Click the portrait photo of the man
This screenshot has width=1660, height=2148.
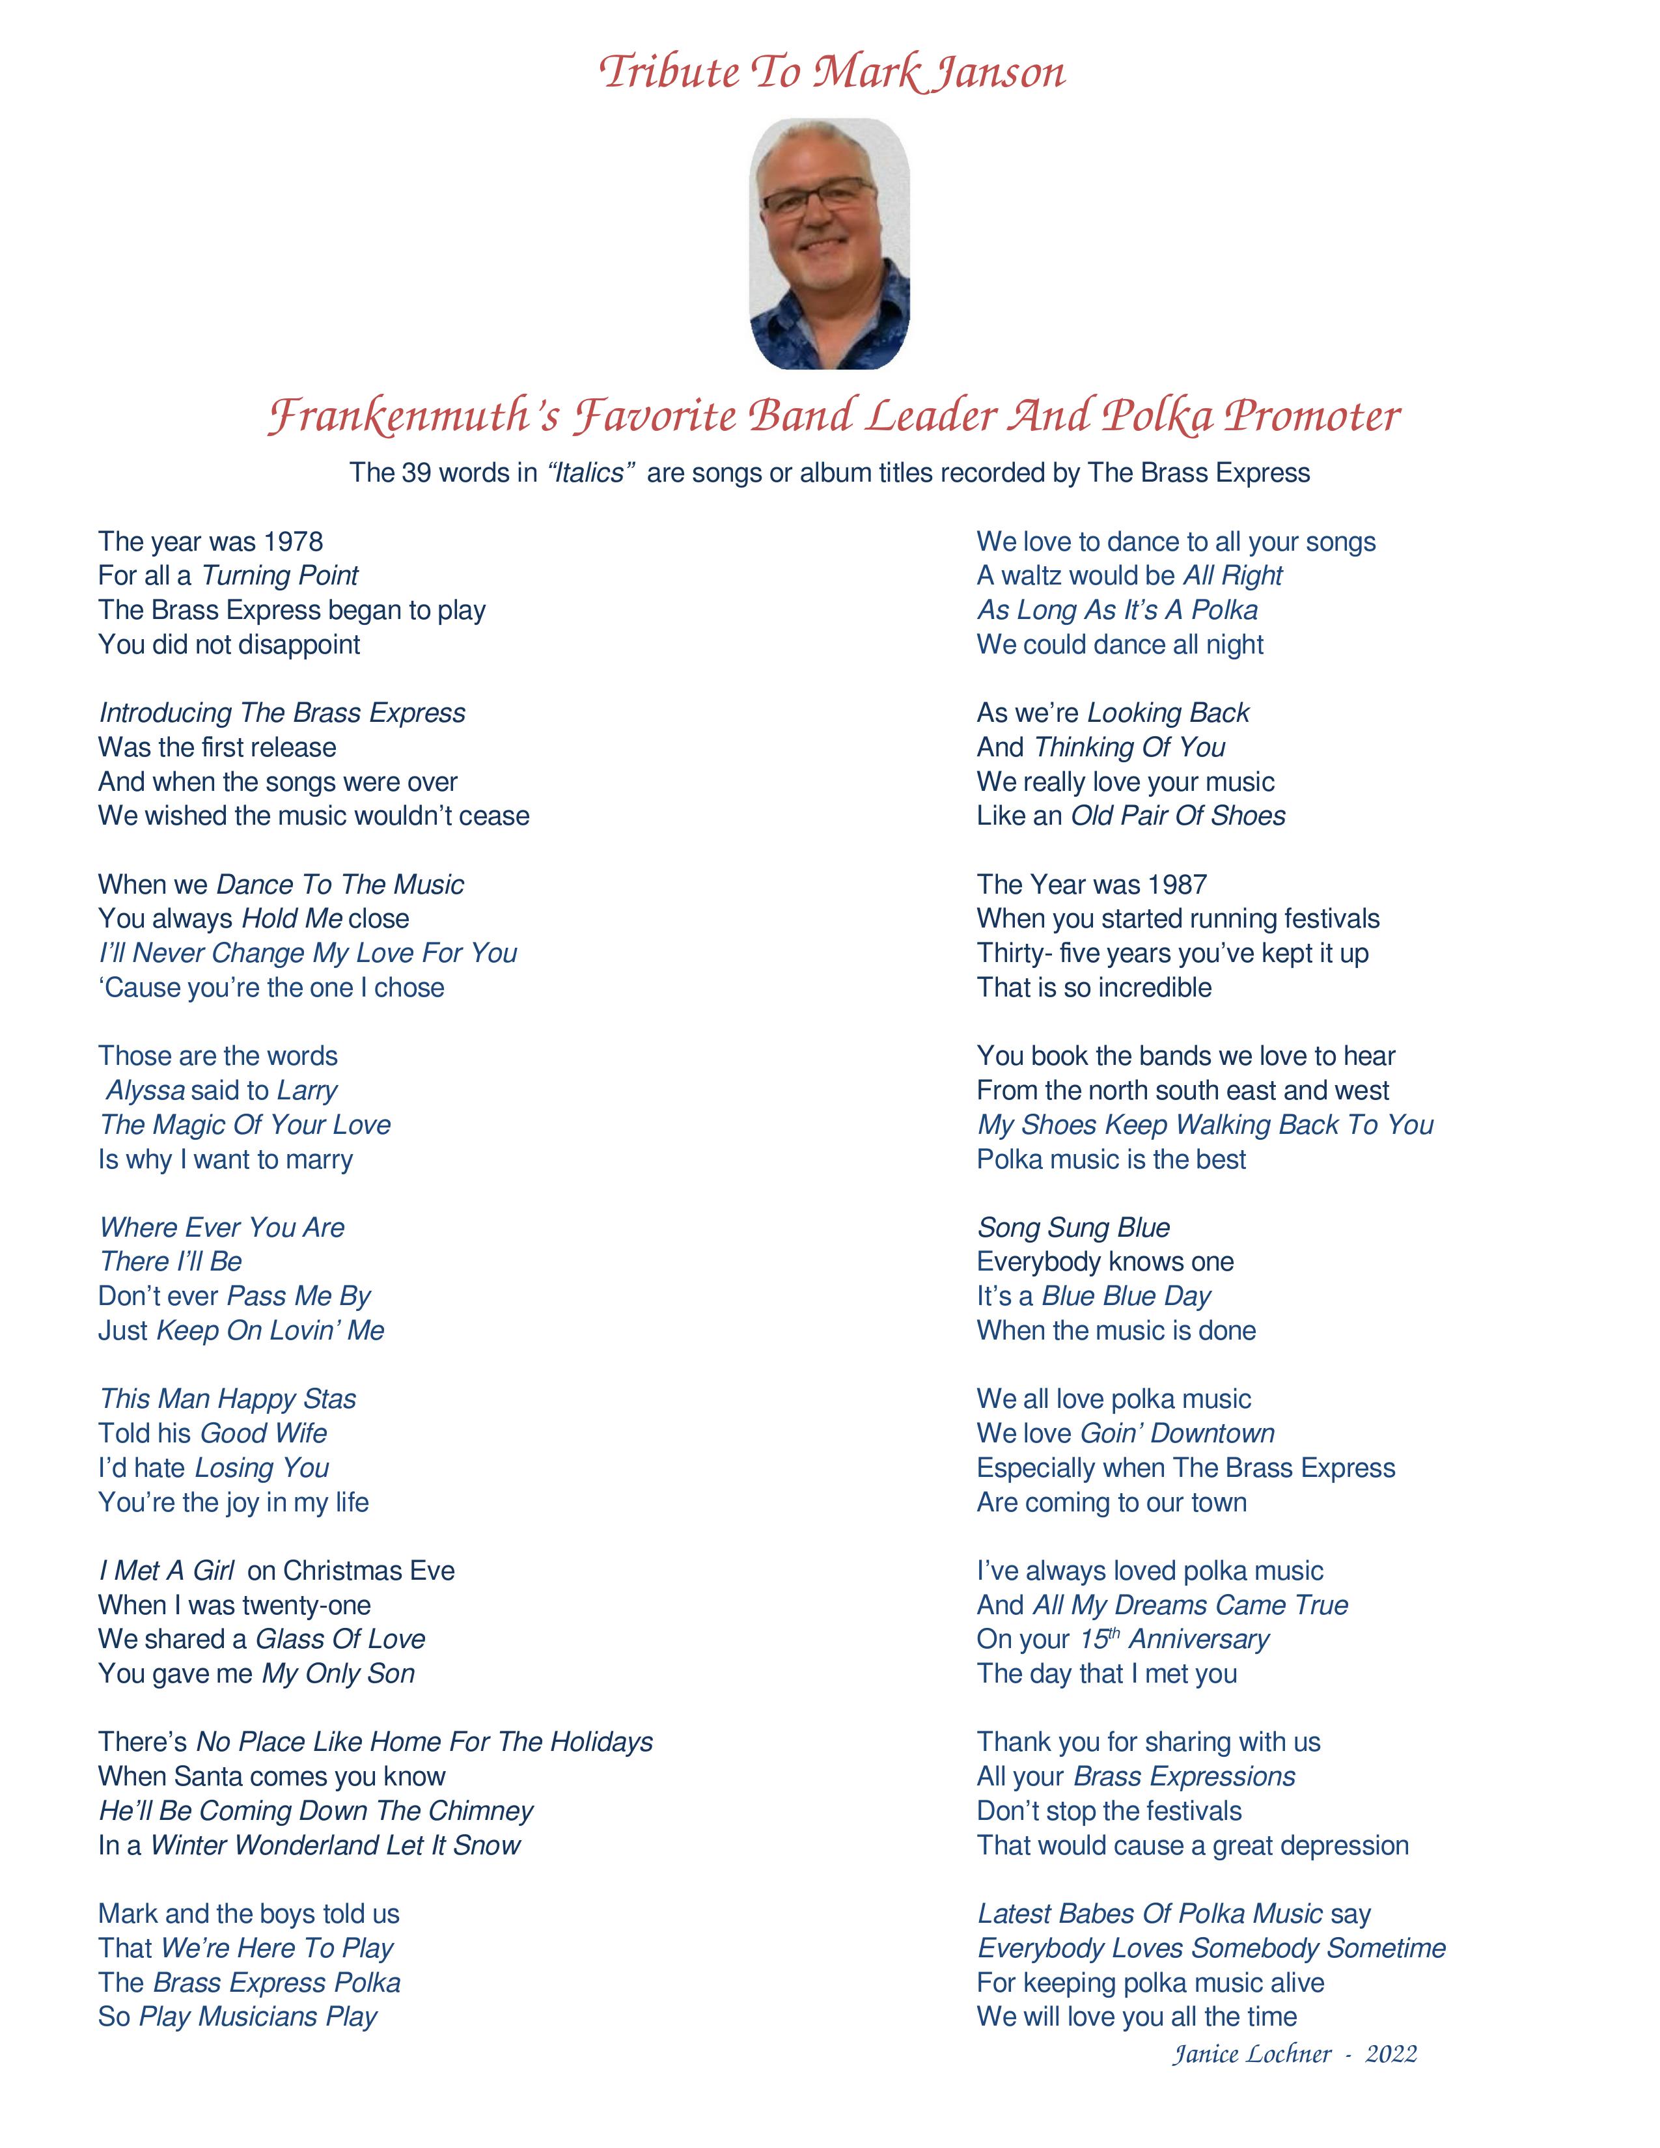(x=829, y=244)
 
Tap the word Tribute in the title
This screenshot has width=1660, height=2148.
(x=669, y=72)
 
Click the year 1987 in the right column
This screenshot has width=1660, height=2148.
(x=1177, y=885)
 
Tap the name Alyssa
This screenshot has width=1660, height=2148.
(x=146, y=1091)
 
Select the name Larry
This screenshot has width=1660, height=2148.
(x=307, y=1091)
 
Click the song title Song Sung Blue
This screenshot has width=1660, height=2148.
(x=1073, y=1228)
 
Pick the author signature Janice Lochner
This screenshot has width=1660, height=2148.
(x=1251, y=2054)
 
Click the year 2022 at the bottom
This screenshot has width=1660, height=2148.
(x=1390, y=2054)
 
